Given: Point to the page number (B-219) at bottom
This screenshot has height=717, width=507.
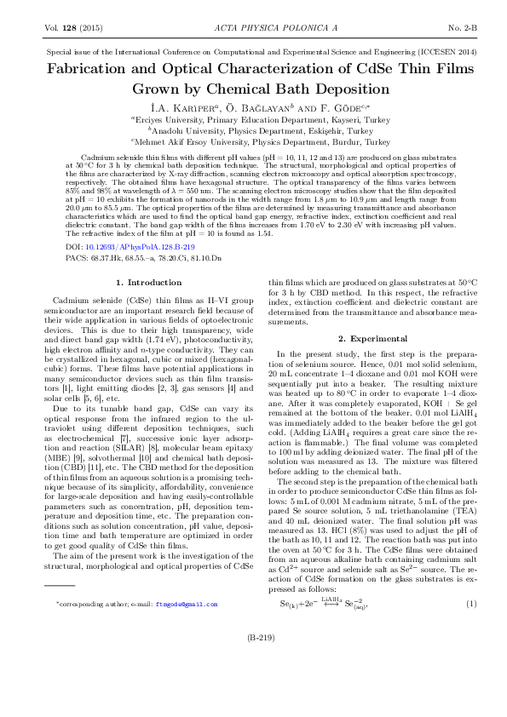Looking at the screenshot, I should tap(254, 661).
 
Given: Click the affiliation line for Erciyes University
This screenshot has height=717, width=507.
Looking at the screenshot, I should tap(253, 121).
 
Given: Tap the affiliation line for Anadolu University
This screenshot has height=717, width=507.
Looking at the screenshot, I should tap(253, 132).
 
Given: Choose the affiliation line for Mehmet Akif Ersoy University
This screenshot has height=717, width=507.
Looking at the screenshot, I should tap(253, 143).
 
